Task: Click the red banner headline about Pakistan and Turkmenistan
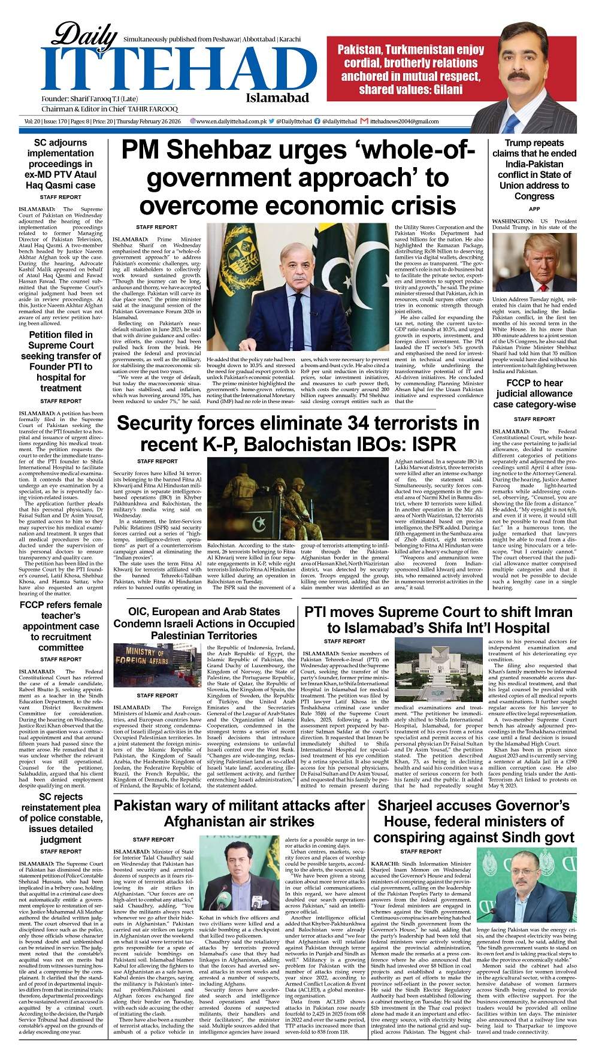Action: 410,69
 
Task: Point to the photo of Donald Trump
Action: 534,262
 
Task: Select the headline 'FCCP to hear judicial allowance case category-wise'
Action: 534,394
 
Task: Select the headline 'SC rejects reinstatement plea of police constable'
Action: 60,818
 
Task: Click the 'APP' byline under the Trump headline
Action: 534,209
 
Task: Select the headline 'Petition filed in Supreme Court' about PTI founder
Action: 60,361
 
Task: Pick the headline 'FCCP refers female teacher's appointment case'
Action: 60,626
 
